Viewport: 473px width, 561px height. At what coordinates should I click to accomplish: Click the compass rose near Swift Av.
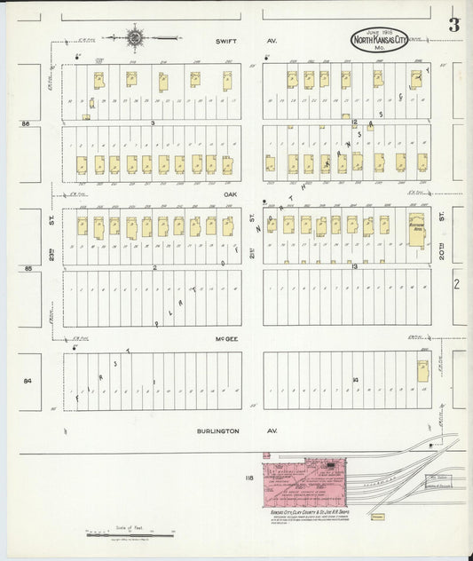tap(135, 37)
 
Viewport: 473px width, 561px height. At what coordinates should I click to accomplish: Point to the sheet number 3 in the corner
tap(453, 25)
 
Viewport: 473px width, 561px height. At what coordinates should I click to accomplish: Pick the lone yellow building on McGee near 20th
tap(422, 367)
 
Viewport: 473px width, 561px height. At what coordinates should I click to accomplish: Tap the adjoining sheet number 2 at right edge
tap(455, 283)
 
